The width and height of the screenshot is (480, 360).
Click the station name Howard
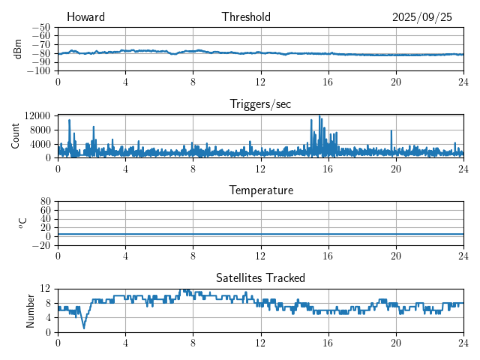click(x=85, y=17)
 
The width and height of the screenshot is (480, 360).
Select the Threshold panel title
click(x=246, y=17)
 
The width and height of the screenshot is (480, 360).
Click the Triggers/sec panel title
click(x=260, y=104)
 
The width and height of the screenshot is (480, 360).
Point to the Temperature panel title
click(x=260, y=190)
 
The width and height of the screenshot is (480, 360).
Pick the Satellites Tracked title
click(x=260, y=277)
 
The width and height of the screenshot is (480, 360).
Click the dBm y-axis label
click(x=18, y=49)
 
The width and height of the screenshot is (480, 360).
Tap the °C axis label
click(x=22, y=223)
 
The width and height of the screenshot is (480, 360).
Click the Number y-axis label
click(x=31, y=310)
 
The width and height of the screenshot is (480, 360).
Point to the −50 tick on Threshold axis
click(x=41, y=26)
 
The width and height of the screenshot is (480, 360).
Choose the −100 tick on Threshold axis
click(x=39, y=71)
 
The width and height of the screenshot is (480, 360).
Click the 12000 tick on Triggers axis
click(x=37, y=115)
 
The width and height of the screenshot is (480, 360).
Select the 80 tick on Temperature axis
click(x=46, y=202)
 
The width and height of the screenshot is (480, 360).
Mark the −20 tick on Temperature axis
click(x=41, y=245)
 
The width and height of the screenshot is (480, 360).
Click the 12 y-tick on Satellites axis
click(x=46, y=289)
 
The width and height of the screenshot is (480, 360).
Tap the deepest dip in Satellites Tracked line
click(x=84, y=327)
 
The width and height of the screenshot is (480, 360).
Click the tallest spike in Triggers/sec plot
click(x=319, y=116)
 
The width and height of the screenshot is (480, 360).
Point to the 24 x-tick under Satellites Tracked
click(x=463, y=342)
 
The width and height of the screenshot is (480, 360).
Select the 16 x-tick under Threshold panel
click(x=328, y=81)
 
